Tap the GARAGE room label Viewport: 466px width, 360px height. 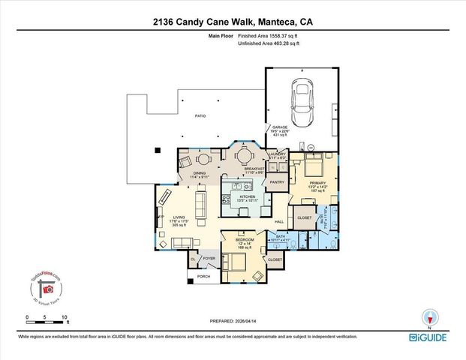coord(280,127)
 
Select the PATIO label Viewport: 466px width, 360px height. coord(200,116)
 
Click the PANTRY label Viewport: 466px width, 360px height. coord(276,181)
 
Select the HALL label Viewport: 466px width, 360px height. coord(279,221)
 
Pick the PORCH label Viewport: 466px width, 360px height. coord(203,276)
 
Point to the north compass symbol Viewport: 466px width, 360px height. coord(429,318)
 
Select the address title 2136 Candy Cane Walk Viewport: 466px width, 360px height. coord(233,22)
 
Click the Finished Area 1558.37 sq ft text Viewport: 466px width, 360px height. coord(269,36)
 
